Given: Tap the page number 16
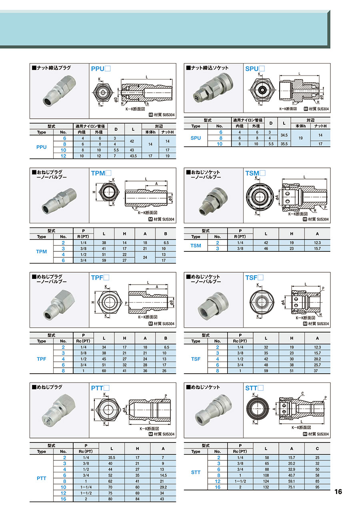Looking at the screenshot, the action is [x=338, y=492].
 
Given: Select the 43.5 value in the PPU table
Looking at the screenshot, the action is [x=133, y=156].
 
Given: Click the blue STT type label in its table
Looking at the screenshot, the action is [x=196, y=472].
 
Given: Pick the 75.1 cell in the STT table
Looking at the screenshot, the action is [x=292, y=487].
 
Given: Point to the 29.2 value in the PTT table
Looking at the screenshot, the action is [x=163, y=487].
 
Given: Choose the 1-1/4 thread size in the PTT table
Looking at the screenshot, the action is [x=86, y=487].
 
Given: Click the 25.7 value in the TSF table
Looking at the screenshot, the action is [x=317, y=365].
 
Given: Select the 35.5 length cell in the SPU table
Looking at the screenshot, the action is [x=284, y=144].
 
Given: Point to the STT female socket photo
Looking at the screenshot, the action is [x=213, y=410].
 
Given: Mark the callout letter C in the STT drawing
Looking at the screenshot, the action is [x=302, y=393].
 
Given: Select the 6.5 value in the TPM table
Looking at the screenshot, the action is [x=166, y=243].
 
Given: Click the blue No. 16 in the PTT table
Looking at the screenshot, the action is [x=63, y=499].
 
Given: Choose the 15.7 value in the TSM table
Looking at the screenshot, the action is [x=317, y=249].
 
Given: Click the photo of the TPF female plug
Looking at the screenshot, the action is [x=59, y=305].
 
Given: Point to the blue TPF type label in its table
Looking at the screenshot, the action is [x=41, y=359].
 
